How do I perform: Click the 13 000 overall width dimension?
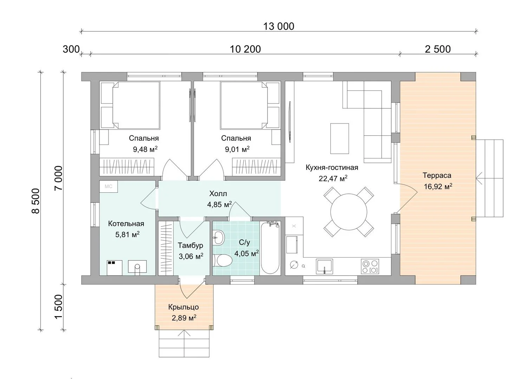point(279,26)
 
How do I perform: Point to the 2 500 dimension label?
point(438,49)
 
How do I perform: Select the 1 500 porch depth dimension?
point(58,307)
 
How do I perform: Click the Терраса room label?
point(437,175)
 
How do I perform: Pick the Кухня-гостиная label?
point(332,168)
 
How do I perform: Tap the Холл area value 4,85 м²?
point(220,204)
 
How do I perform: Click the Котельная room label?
point(126,224)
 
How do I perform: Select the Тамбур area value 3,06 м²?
point(191,256)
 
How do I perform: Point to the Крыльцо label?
point(183,307)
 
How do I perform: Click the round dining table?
point(349,212)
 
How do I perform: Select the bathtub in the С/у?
point(270,248)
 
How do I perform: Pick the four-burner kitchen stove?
point(370,266)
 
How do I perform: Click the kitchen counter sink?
point(324,266)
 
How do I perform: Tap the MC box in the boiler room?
point(109,187)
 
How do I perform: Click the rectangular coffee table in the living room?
point(339,139)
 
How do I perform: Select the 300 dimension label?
point(71,49)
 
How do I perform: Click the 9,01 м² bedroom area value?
point(237,149)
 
